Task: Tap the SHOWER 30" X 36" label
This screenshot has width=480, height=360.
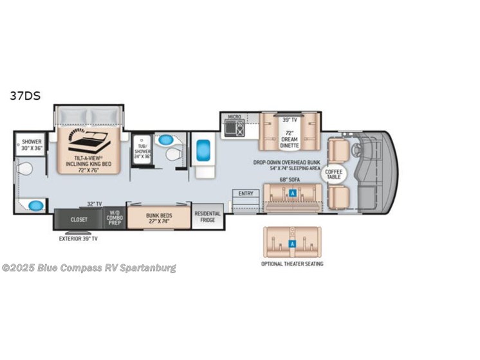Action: [32, 145]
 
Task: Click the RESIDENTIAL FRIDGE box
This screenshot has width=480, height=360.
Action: [207, 217]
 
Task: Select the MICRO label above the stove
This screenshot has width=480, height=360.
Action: [234, 116]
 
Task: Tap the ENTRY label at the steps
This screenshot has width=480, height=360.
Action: [245, 193]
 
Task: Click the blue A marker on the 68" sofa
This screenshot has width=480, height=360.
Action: [293, 193]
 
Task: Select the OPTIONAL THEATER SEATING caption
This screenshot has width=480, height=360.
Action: [292, 264]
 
